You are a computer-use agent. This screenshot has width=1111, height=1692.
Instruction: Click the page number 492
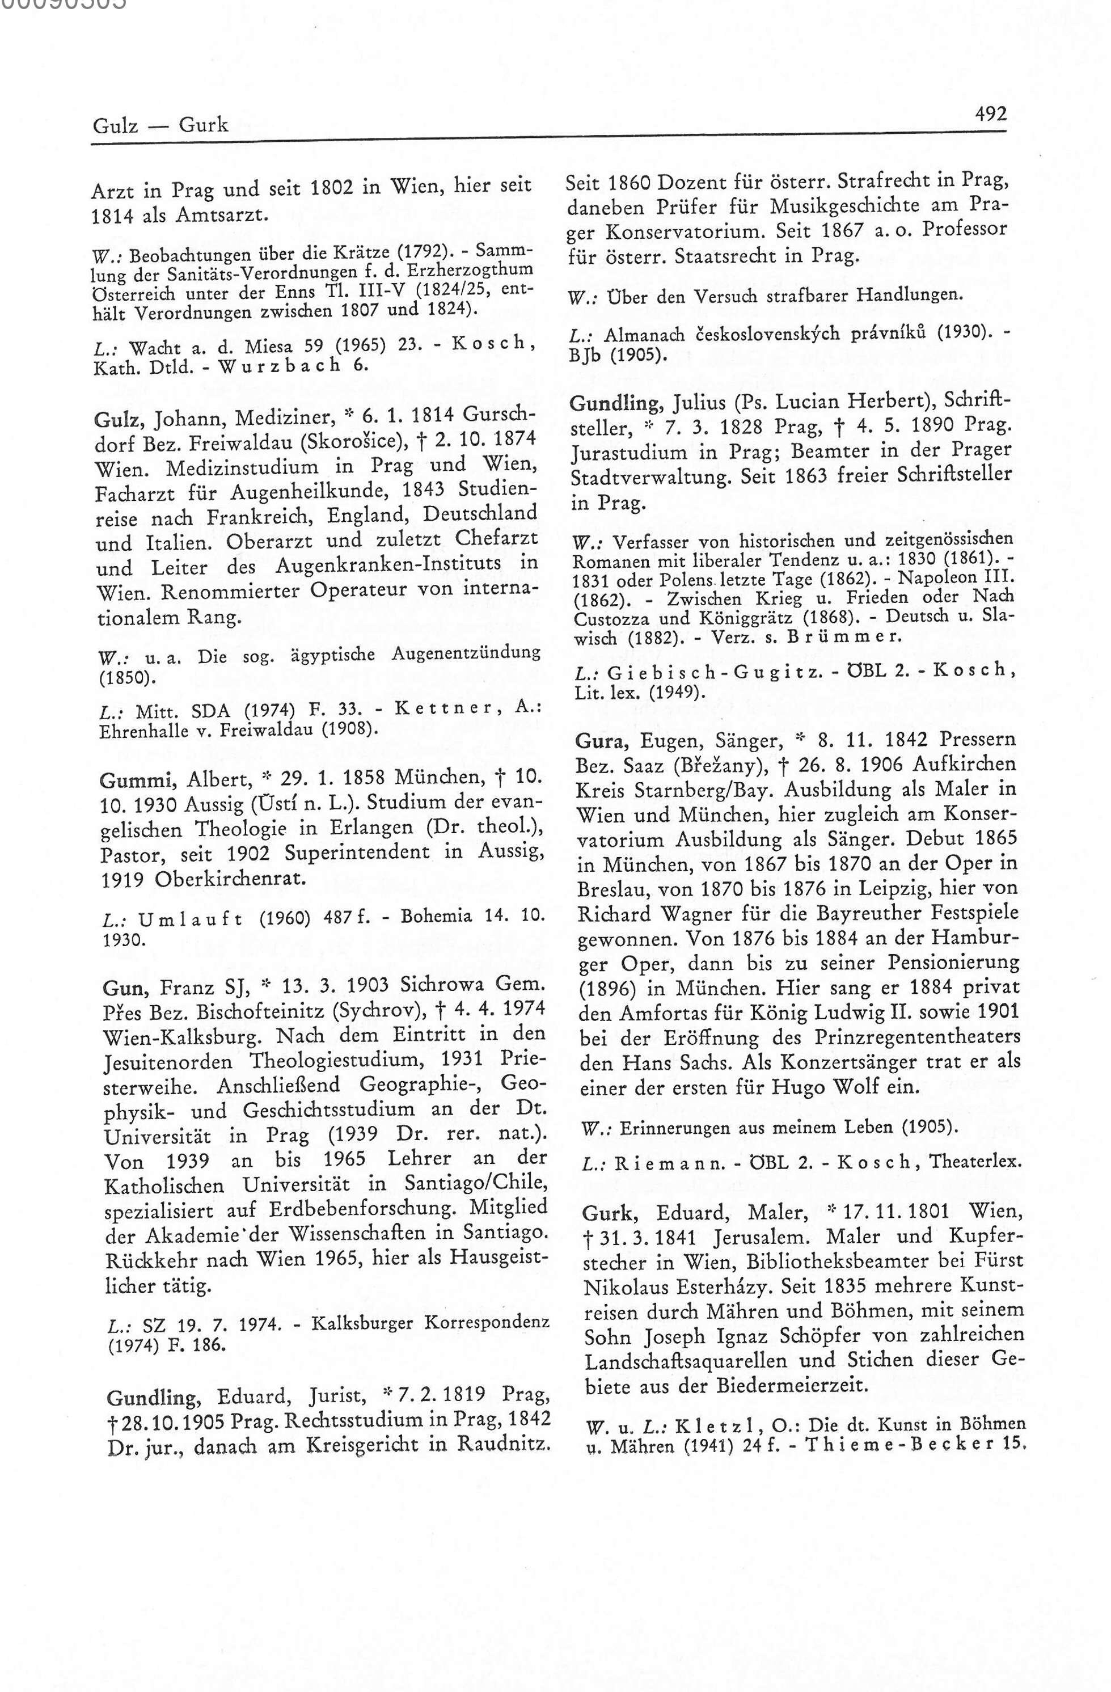pyautogui.click(x=991, y=114)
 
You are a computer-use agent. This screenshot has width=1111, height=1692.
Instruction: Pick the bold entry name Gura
pyautogui.click(x=601, y=741)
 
